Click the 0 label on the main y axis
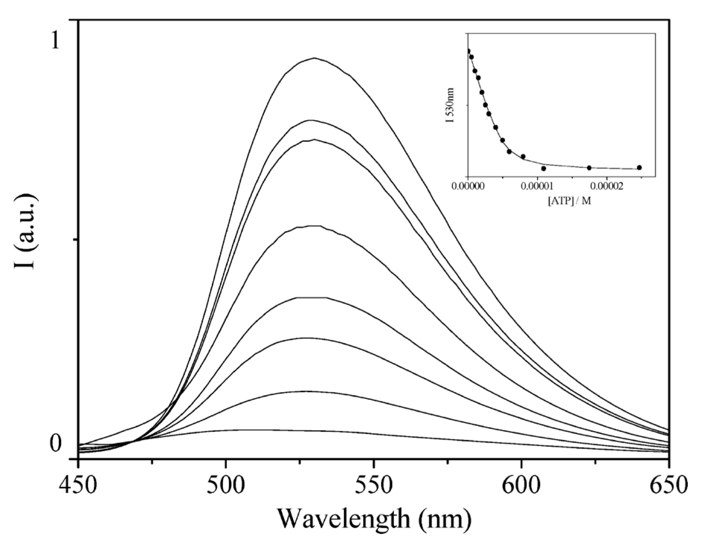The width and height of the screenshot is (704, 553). (55, 443)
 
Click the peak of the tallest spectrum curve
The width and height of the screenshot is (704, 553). (314, 58)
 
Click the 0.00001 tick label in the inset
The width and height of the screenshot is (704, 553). (537, 186)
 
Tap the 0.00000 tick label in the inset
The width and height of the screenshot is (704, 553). (468, 186)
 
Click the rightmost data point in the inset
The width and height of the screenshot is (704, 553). (639, 168)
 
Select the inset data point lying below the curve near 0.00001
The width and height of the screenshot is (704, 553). (544, 168)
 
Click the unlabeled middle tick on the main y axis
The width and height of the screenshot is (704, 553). (75, 239)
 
